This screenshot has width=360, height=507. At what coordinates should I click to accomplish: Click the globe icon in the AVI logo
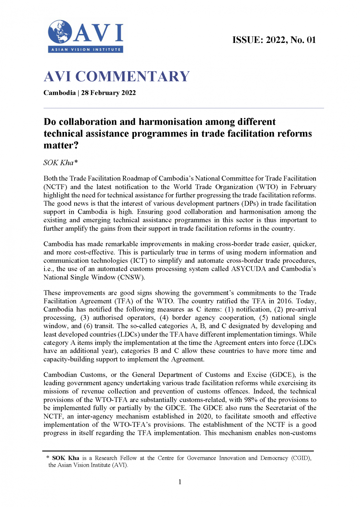(60, 32)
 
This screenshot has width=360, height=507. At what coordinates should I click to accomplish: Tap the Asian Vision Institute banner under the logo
(86, 50)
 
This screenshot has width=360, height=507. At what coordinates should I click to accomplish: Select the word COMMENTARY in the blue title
(132, 77)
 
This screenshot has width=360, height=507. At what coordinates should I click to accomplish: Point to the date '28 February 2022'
(108, 93)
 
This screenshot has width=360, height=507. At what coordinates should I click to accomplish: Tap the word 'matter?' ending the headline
(61, 145)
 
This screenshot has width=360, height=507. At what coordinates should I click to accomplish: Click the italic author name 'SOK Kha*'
(60, 162)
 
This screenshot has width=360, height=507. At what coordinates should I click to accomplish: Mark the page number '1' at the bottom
(180, 482)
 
